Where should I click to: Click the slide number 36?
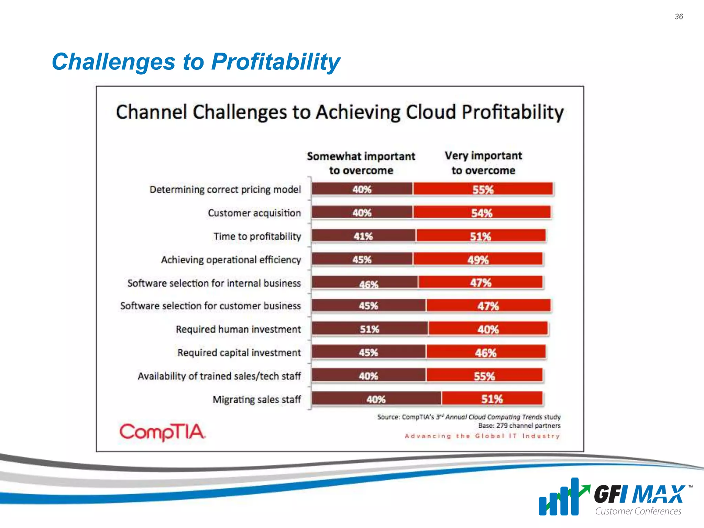pos(679,16)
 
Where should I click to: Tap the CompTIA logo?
pos(162,432)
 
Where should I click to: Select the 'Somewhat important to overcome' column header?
pos(361,163)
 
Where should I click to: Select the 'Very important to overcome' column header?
pos(483,163)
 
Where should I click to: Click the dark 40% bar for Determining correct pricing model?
pos(362,189)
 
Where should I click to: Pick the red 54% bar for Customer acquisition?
pos(482,213)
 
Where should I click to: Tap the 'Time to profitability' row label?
pos(257,236)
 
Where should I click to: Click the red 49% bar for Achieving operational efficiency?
pos(478,260)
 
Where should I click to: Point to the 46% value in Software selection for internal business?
pos(368,284)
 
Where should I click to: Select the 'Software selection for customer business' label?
pos(210,306)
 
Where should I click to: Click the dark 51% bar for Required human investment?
pos(370,329)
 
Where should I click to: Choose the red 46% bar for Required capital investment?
pos(485,352)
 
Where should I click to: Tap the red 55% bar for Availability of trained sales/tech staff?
pos(484,376)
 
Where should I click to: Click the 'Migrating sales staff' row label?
pos(256,399)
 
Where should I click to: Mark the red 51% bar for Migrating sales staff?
pos(492,399)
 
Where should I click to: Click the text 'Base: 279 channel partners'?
pos(519,426)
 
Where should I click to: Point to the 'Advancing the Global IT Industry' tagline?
pos(482,436)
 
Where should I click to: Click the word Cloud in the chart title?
pos(431,112)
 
